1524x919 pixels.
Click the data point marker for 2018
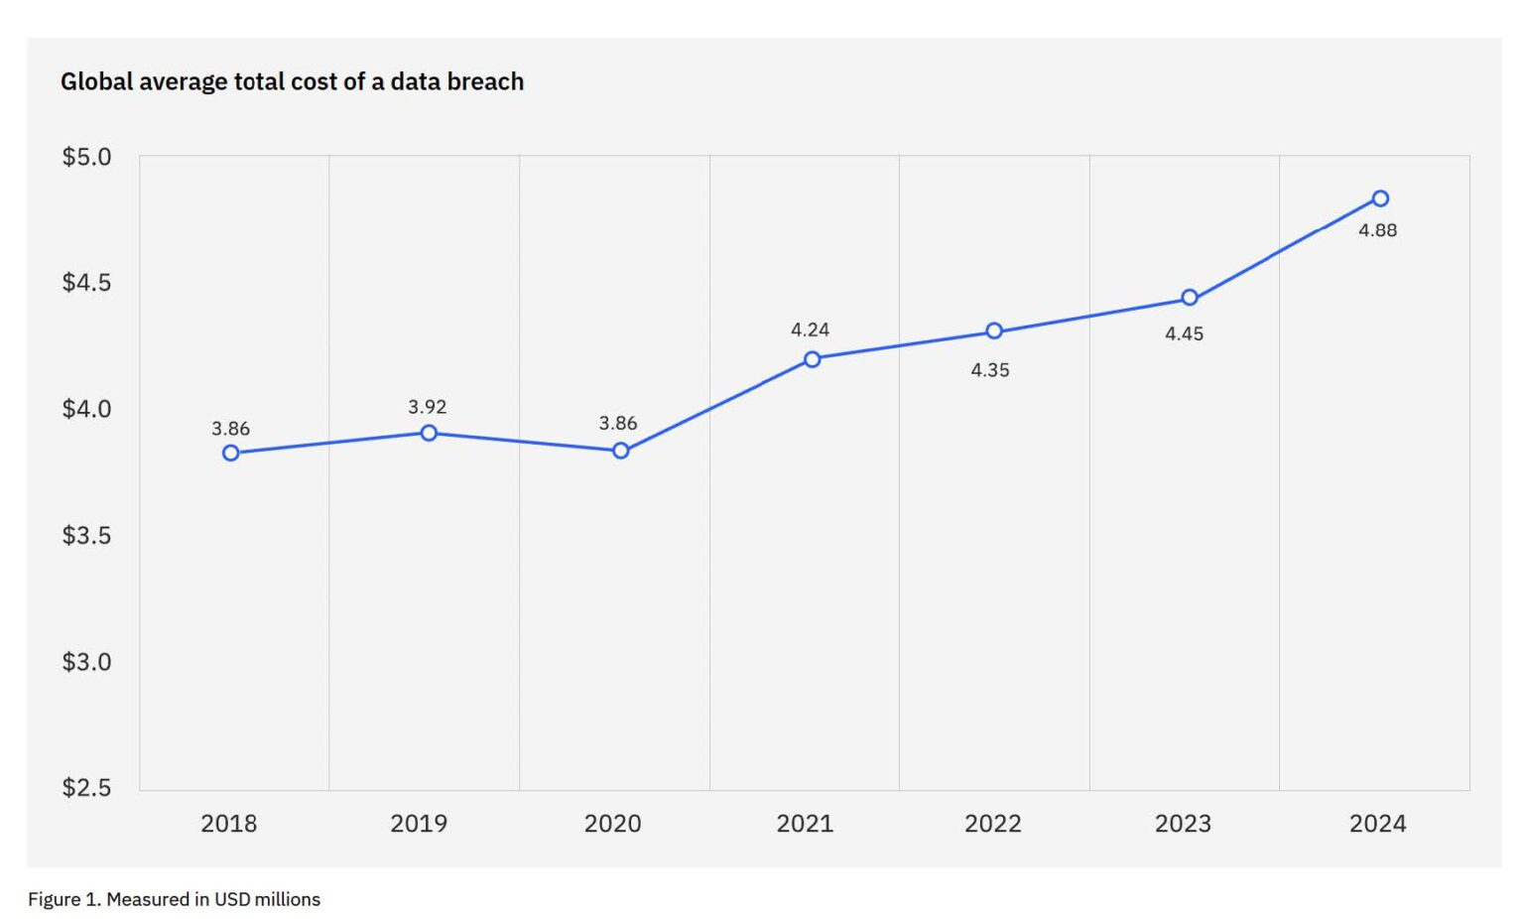[x=231, y=453]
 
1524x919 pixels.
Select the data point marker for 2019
[x=429, y=433]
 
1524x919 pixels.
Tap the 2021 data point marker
[x=813, y=359]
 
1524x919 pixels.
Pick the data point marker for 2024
[x=1380, y=198]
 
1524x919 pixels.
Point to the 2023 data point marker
[x=1190, y=298]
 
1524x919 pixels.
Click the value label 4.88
[x=1377, y=230]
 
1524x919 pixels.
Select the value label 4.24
[x=810, y=329]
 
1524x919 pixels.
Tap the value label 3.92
[x=427, y=407]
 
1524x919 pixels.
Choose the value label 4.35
[x=989, y=370]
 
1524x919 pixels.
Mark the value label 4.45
[x=1184, y=334]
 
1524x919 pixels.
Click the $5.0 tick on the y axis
[x=86, y=157]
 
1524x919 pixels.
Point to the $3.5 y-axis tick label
[x=86, y=536]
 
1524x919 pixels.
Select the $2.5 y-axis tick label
[x=86, y=788]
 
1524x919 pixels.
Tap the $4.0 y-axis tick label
[x=86, y=409]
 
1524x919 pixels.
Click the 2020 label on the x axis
[x=612, y=824]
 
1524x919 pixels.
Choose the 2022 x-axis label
[x=992, y=824]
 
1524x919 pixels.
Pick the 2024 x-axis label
[x=1377, y=824]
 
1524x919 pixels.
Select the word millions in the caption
[x=287, y=899]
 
